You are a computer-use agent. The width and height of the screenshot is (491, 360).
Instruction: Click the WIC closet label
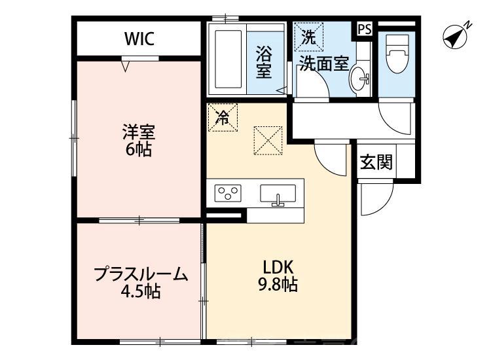[139, 39]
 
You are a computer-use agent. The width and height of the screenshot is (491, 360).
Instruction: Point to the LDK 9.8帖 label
[281, 276]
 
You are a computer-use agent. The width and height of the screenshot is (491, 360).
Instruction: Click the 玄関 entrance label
[376, 162]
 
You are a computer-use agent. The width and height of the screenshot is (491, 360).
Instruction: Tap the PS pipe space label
[365, 29]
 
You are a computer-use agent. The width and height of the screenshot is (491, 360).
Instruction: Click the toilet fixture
[397, 56]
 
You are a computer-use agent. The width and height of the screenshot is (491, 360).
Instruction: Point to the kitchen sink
[278, 194]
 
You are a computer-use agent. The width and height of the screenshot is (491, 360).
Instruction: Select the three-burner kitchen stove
[228, 194]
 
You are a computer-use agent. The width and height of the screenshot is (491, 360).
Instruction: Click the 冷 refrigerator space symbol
[223, 118]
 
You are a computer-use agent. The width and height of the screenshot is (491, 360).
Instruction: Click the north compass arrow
[456, 36]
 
